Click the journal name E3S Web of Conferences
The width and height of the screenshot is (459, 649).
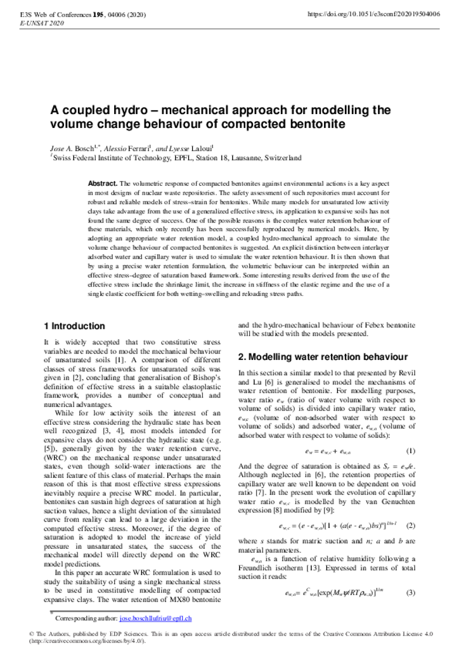pos(58,13)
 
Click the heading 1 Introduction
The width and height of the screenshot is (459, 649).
pos(74,326)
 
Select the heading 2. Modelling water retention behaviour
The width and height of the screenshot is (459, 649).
pos(323,357)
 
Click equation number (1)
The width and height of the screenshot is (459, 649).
pos(410,451)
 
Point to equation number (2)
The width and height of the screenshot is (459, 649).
pos(410,525)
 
